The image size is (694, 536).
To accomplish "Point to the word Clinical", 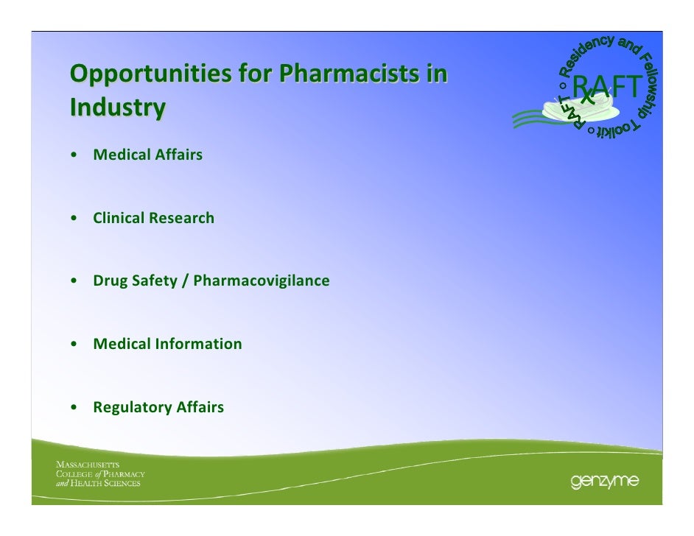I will pyautogui.click(x=119, y=219).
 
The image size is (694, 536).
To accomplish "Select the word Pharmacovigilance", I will pyautogui.click(x=262, y=281).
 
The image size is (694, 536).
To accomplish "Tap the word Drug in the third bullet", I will pyautogui.click(x=108, y=281).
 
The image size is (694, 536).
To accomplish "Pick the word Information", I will pyautogui.click(x=199, y=344).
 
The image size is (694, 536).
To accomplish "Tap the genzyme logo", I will pyautogui.click(x=603, y=482).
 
